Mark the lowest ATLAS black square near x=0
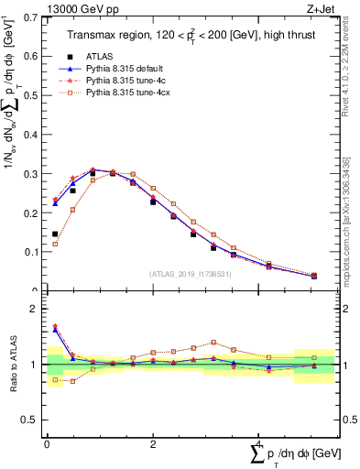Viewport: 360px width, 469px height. tap(55, 234)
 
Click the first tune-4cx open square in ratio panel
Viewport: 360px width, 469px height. tap(55, 379)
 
